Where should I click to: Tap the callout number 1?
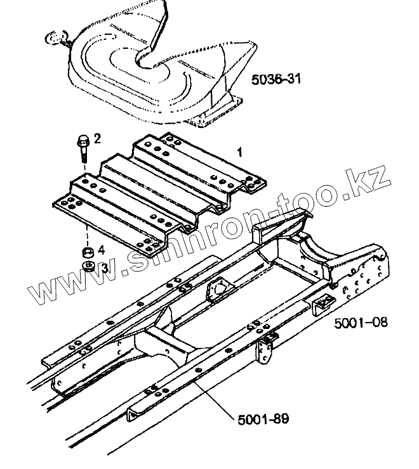point(239,152)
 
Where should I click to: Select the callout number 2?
point(97,138)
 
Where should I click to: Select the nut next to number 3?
point(88,265)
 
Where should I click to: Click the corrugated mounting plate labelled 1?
point(159,190)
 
